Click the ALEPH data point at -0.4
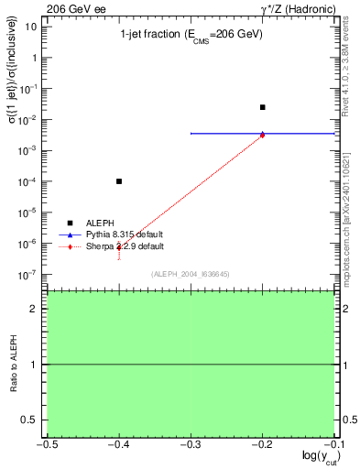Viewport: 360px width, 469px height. (119, 181)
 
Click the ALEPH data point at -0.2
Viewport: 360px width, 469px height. (263, 107)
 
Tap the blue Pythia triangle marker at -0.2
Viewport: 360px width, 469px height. (263, 133)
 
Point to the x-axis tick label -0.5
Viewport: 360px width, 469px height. (47, 444)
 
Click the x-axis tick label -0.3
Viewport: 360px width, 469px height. (191, 444)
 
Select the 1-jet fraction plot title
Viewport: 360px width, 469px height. (191, 34)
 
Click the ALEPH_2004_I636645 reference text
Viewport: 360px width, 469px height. (191, 273)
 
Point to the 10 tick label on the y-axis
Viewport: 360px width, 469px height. (31, 26)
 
